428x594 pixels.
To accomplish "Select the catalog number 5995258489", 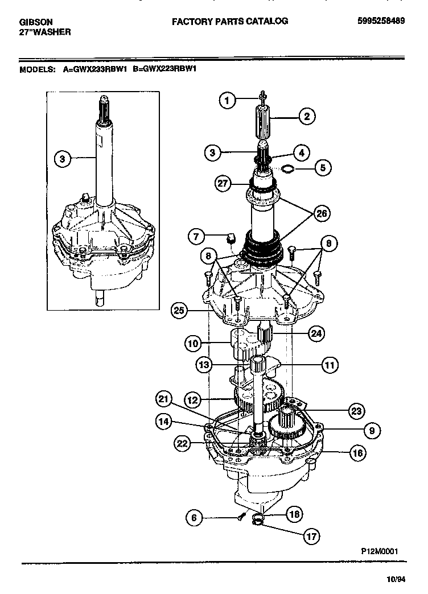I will pos(381,21).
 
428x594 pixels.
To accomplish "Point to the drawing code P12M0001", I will pos(379,551).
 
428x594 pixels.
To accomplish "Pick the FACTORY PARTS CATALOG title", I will pos(230,21).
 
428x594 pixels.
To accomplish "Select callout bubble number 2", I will pos(306,118).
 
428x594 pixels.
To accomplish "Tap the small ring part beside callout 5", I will pos(289,168).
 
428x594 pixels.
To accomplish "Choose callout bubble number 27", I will pos(224,183).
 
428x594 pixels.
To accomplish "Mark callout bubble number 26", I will pos(322,214).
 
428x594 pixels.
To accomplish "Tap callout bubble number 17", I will pos(311,536).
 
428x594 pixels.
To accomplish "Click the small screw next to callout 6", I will pos(241,517).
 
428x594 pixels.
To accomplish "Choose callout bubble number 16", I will pos(357,453).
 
